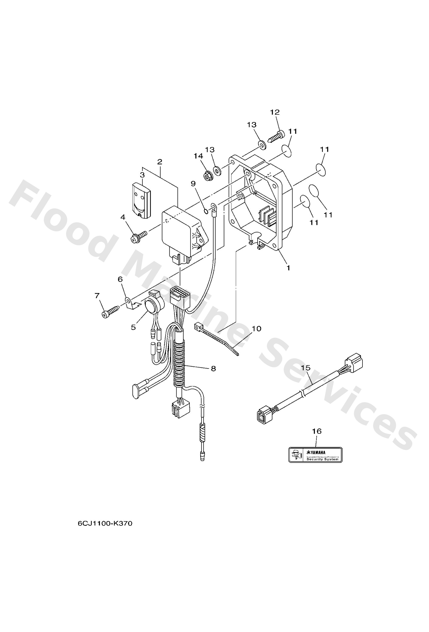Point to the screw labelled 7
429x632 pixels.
point(111,311)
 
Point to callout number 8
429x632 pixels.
point(213,369)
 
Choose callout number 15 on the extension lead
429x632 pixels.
point(306,368)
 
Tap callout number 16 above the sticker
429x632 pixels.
point(317,431)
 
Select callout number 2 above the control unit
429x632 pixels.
point(160,162)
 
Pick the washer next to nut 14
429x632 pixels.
point(217,170)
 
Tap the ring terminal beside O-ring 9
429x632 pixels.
point(213,209)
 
